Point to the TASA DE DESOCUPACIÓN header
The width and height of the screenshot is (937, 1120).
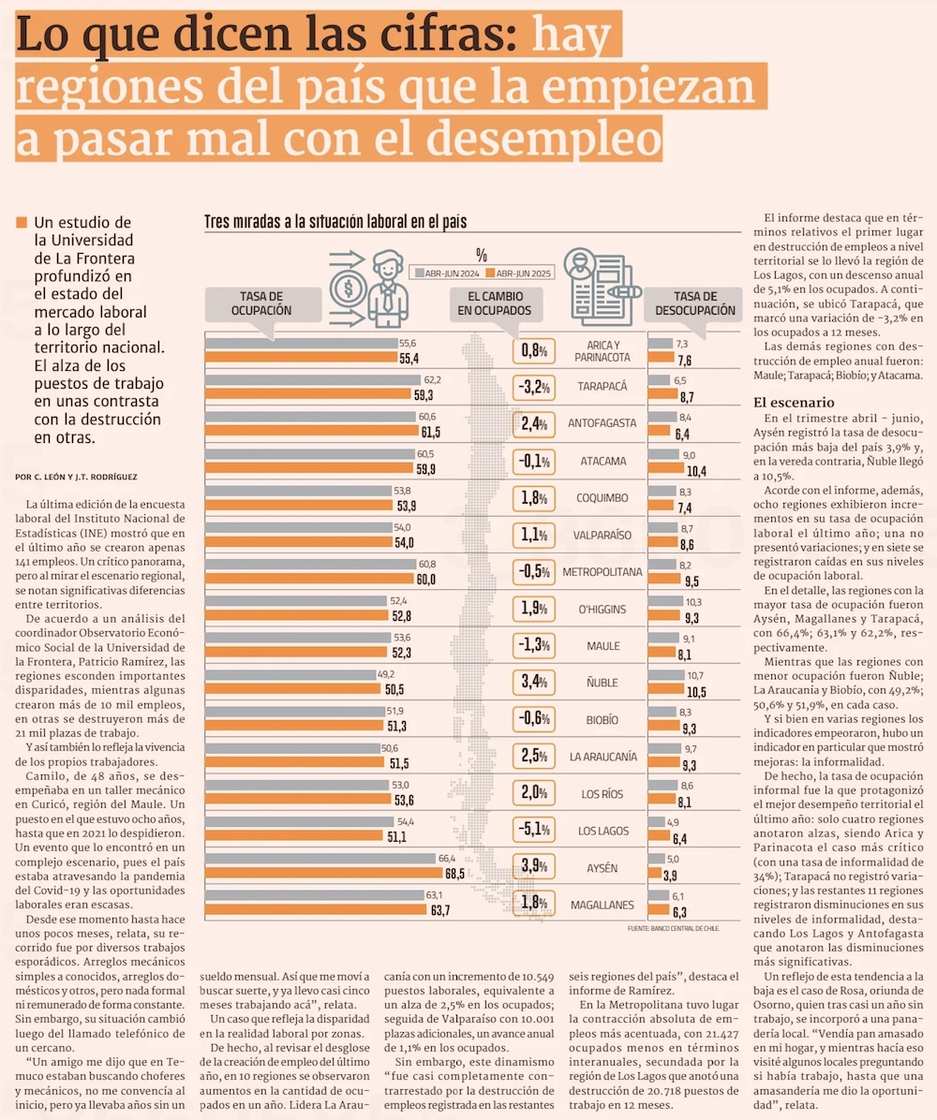point(695,303)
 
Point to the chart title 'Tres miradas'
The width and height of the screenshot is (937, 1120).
point(335,223)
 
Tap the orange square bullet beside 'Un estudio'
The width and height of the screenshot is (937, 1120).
point(22,223)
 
